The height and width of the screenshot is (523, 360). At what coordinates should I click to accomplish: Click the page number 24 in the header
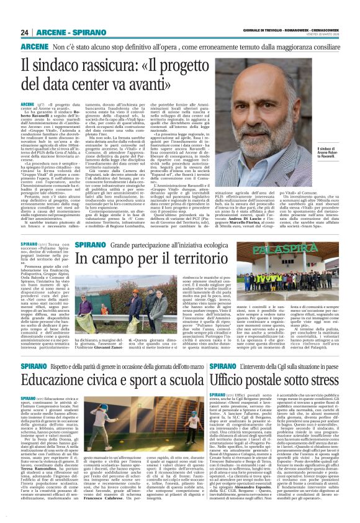click(25, 32)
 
